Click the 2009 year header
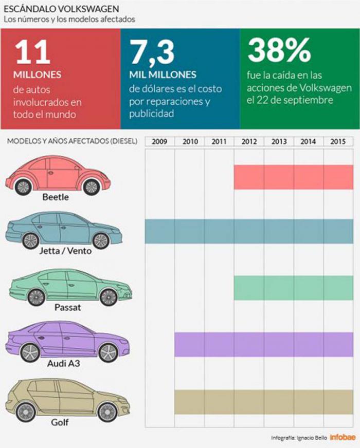click(159, 141)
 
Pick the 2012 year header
click(249, 141)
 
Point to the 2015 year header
click(338, 141)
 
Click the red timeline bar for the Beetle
click(294, 177)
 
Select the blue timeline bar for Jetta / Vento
click(249, 231)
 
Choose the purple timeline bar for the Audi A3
click(264, 344)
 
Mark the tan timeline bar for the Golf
click(264, 402)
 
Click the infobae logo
click(340, 437)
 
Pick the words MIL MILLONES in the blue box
click(163, 74)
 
